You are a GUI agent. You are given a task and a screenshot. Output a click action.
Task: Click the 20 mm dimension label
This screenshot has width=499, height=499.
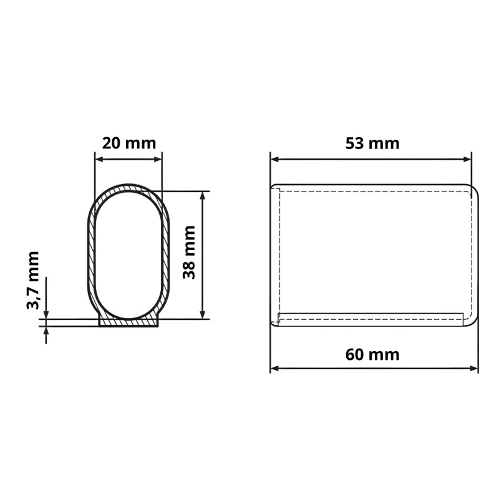tap(128, 143)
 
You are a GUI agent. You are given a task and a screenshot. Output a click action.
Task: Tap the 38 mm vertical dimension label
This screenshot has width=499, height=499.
tap(188, 253)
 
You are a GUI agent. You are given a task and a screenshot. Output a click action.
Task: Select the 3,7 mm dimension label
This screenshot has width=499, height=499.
tap(34, 280)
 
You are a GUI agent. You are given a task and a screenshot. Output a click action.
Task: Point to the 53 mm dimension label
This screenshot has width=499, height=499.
tap(372, 143)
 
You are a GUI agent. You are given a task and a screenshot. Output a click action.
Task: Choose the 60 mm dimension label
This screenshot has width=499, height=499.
tap(372, 355)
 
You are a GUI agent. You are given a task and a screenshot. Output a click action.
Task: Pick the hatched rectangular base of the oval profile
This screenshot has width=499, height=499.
tap(128, 323)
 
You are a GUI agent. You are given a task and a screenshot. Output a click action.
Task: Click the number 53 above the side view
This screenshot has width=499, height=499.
tap(356, 143)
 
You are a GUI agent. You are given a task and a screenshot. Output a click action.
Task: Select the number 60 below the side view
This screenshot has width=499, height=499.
tap(356, 355)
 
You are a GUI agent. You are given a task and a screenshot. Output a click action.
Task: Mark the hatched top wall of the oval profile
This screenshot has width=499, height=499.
tap(128, 188)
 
